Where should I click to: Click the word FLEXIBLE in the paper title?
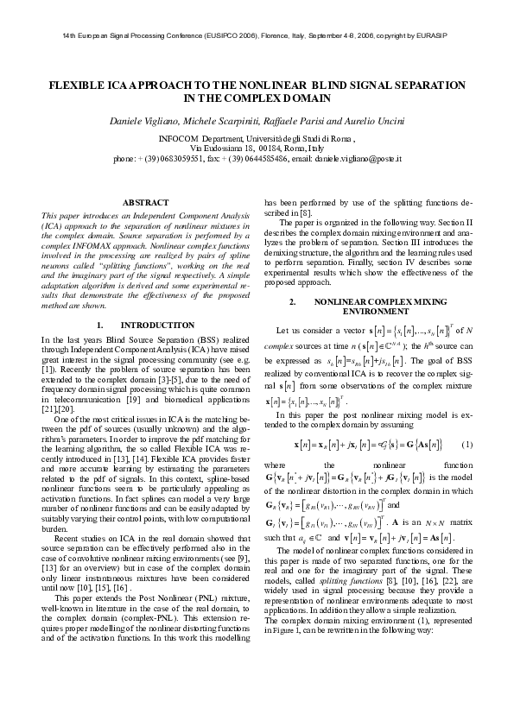(79, 87)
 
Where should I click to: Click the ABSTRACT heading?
(145, 202)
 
